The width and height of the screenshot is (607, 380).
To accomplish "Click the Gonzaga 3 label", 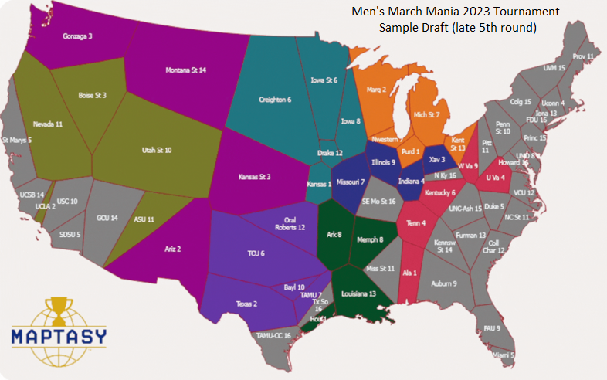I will (x=77, y=36).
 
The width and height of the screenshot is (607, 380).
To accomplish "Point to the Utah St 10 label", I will (x=158, y=150).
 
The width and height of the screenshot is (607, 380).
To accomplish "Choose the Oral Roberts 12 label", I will (x=290, y=223).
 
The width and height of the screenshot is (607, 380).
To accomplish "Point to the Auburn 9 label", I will (x=444, y=283).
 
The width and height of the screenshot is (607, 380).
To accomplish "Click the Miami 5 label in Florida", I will (x=502, y=355).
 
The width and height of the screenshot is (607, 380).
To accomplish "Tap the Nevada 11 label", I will (x=48, y=124).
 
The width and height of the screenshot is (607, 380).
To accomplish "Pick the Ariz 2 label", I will (x=173, y=249).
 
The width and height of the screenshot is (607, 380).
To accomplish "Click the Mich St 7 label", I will (x=426, y=115).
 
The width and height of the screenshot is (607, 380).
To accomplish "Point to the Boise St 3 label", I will (x=93, y=95).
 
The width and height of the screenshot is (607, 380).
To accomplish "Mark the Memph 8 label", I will (x=370, y=239).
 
